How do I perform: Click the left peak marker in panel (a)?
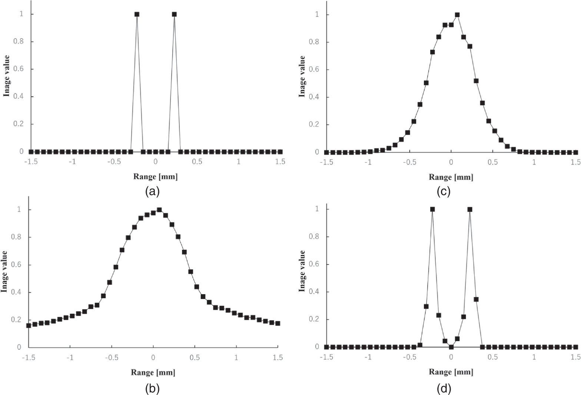pyautogui.click(x=137, y=14)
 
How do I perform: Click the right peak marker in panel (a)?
pyautogui.click(x=174, y=14)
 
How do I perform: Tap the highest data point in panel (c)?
pyautogui.click(x=457, y=15)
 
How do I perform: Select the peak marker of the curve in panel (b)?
pyautogui.click(x=159, y=210)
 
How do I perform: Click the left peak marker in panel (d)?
pyautogui.click(x=432, y=209)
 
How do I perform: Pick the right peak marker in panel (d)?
pyautogui.click(x=470, y=209)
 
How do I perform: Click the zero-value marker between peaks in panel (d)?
pyautogui.click(x=451, y=347)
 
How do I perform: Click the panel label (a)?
pyautogui.click(x=153, y=191)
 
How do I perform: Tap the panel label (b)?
pyautogui.click(x=153, y=388)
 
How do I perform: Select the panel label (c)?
pyautogui.click(x=444, y=191)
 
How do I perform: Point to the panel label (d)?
pyautogui.click(x=444, y=388)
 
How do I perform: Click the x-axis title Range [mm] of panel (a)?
pyautogui.click(x=155, y=177)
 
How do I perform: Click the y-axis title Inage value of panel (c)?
pyautogui.click(x=302, y=76)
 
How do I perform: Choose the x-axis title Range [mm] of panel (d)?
pyautogui.click(x=451, y=372)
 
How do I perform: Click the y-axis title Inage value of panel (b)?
pyautogui.click(x=4, y=271)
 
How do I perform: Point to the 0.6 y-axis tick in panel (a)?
pyautogui.click(x=19, y=69)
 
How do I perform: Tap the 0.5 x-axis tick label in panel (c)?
pyautogui.click(x=492, y=162)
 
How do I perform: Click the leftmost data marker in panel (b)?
pyautogui.click(x=29, y=325)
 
